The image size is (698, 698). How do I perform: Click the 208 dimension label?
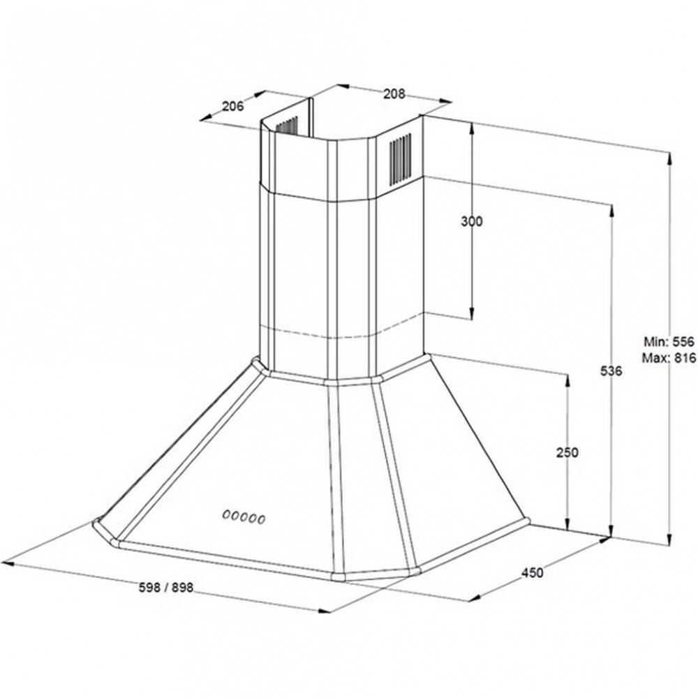tap(394, 94)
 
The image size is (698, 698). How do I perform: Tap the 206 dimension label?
tap(233, 106)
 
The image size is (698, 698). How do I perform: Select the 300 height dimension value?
tap(471, 221)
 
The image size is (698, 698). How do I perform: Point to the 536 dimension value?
tap(611, 371)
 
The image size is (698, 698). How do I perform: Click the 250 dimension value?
tap(567, 452)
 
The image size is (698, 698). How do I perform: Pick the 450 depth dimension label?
tap(533, 572)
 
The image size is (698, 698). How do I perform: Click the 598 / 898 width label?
tap(166, 588)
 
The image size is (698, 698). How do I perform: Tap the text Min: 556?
tap(669, 341)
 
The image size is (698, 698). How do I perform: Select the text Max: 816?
tap(669, 357)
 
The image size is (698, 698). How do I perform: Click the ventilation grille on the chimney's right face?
tap(400, 158)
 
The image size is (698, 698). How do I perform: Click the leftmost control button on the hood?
tap(226, 514)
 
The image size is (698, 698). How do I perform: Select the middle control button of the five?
tap(244, 517)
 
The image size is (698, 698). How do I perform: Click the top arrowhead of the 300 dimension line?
tap(472, 128)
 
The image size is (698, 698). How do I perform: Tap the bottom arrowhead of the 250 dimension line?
tap(567, 524)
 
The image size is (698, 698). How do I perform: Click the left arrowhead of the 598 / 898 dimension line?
tap(8, 563)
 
